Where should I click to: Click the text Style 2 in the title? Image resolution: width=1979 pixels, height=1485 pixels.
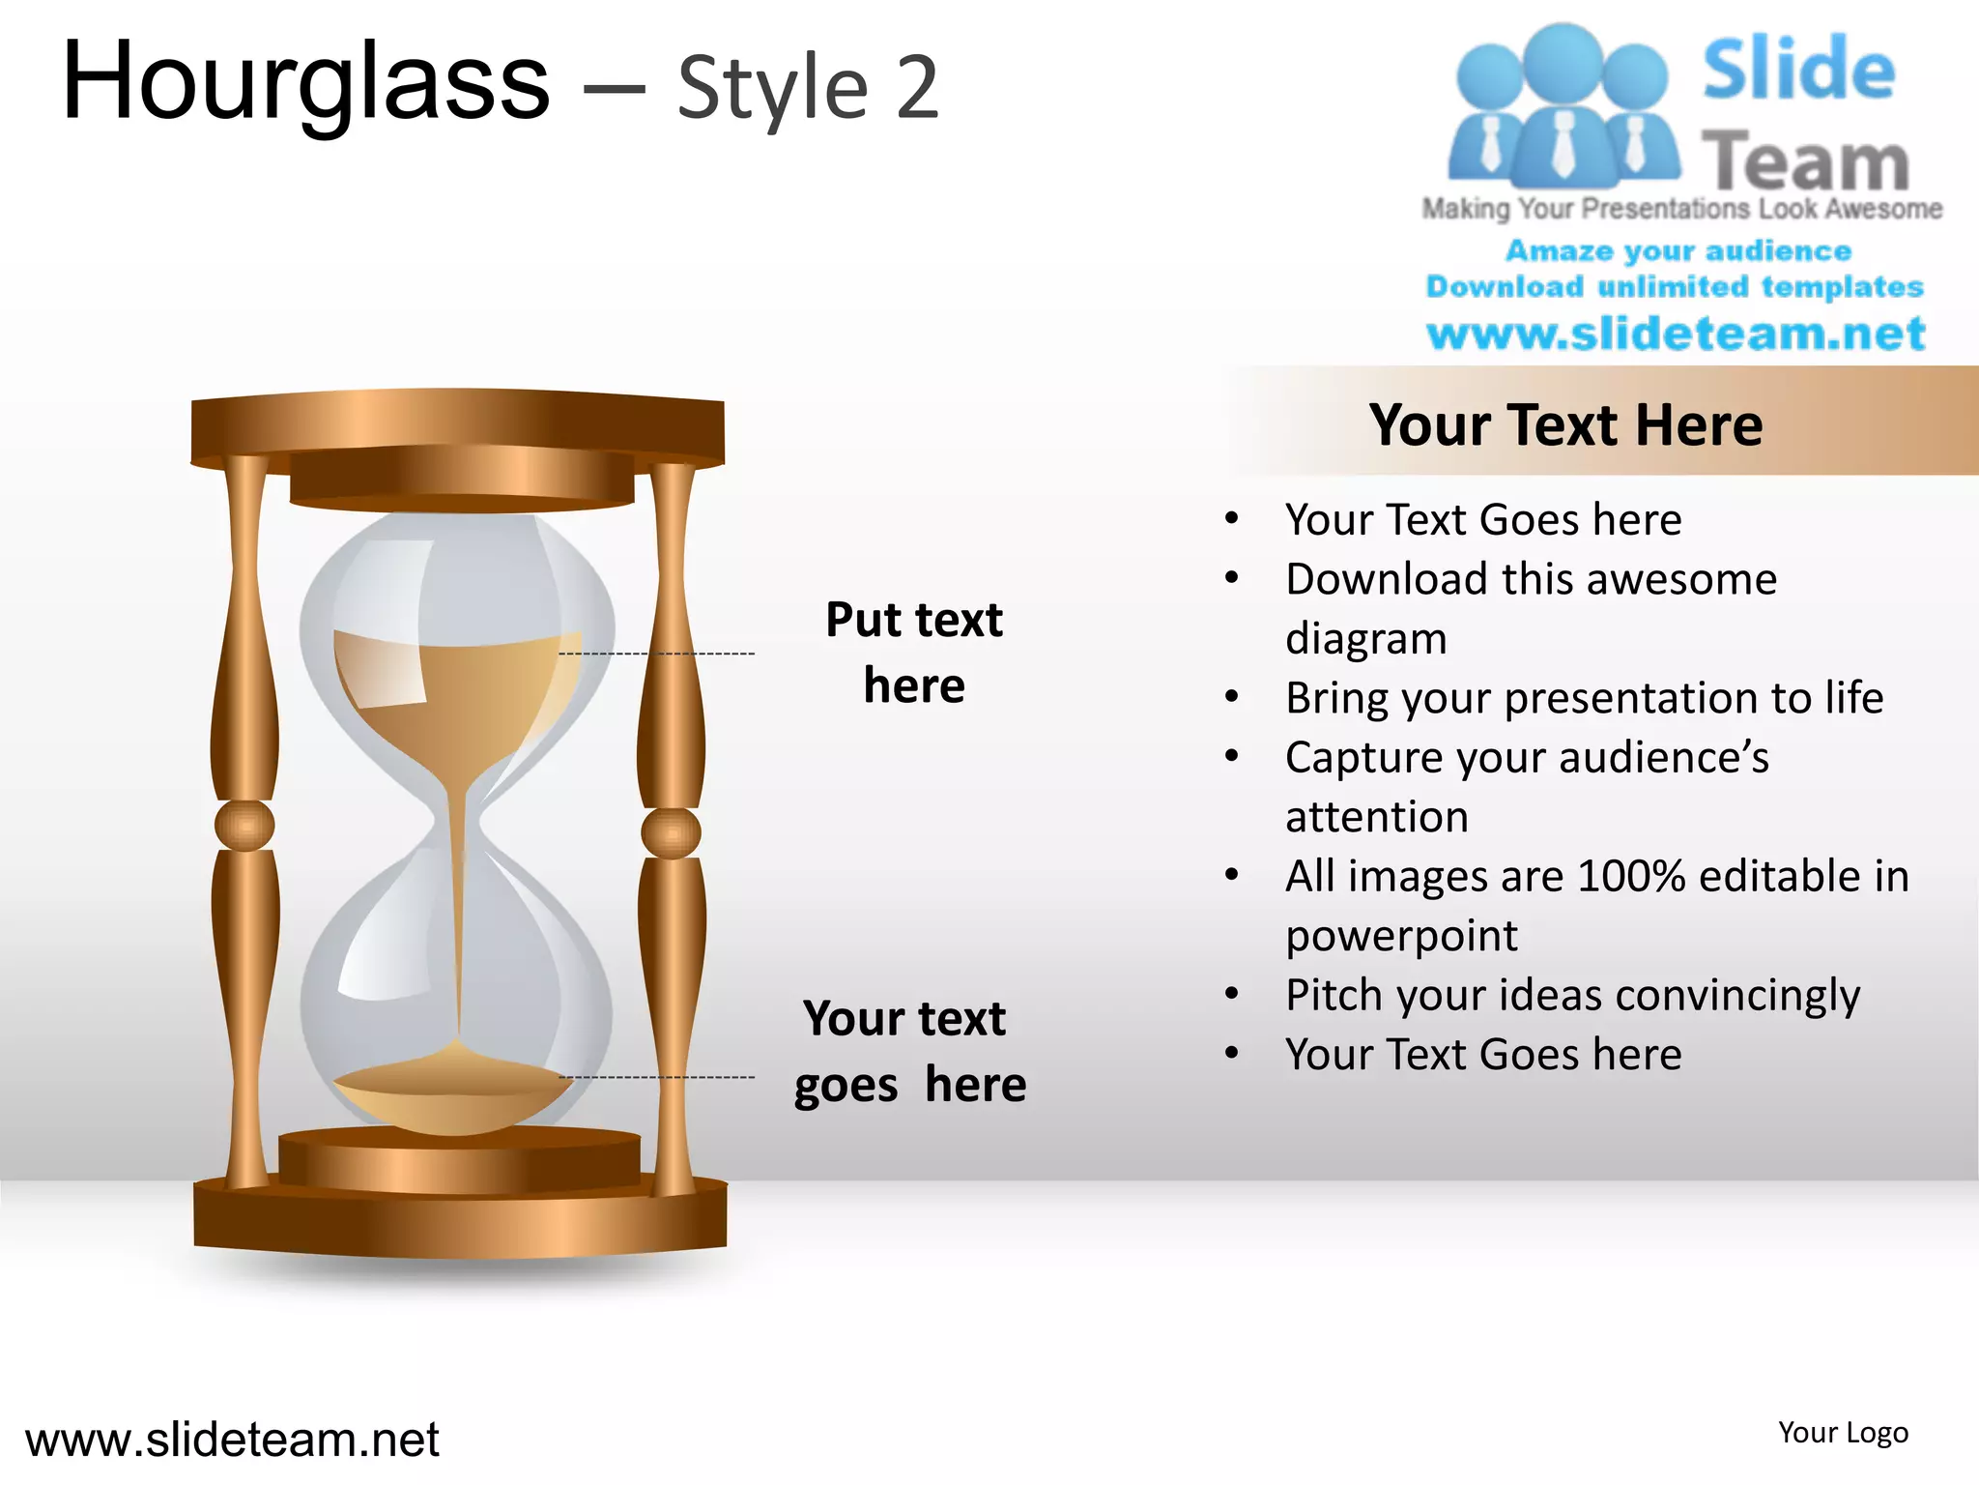pos(808,89)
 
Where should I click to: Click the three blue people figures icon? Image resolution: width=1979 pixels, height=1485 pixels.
pos(1563,106)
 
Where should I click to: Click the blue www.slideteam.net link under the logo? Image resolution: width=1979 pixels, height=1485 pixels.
pos(1676,334)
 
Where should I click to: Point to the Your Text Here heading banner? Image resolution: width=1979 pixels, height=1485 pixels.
pos(1565,424)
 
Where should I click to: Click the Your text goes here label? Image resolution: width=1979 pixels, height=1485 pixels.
pos(908,1051)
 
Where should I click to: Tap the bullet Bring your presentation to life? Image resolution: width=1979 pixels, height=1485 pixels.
pos(1584,698)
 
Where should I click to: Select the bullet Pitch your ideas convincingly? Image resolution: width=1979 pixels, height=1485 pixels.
pos(1572,995)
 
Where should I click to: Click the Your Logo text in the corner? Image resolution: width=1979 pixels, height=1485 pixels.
pos(1843,1433)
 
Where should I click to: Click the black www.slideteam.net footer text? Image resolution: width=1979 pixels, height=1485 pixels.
pos(232,1440)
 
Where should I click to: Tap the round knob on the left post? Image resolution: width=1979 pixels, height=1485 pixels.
pos(244,825)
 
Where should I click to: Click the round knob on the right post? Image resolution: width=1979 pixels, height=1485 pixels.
pos(671,832)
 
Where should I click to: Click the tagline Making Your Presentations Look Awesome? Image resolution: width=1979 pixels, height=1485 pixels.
pos(1681,209)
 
